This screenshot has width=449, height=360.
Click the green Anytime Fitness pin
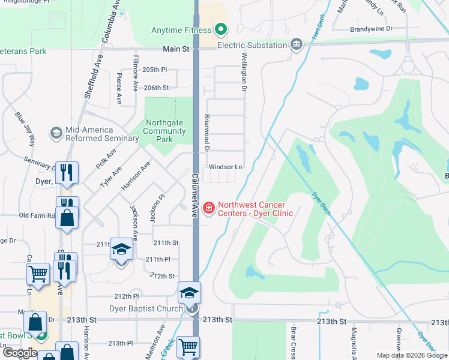click(x=220, y=29)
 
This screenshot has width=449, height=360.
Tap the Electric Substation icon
click(x=296, y=44)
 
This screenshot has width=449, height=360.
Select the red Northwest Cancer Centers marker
click(x=209, y=208)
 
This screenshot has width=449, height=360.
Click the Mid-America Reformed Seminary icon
click(x=56, y=133)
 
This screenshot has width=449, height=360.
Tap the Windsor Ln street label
click(x=225, y=167)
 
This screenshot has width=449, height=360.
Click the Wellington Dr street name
click(x=244, y=72)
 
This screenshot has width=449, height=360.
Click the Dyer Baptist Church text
click(x=146, y=309)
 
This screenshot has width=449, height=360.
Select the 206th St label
click(x=156, y=88)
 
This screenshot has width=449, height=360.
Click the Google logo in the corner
click(x=20, y=352)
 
